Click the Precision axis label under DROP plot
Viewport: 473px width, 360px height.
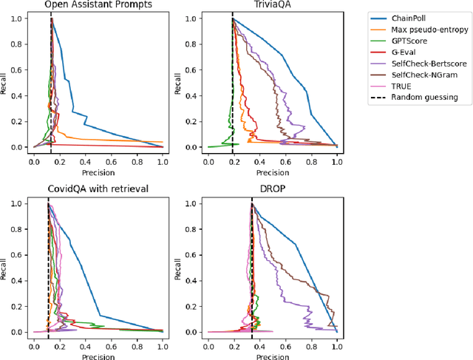click(x=272, y=354)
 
